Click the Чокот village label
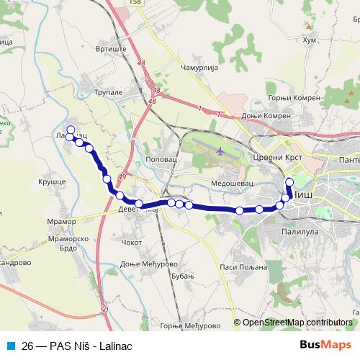(132, 242)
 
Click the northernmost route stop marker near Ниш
(289, 181)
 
